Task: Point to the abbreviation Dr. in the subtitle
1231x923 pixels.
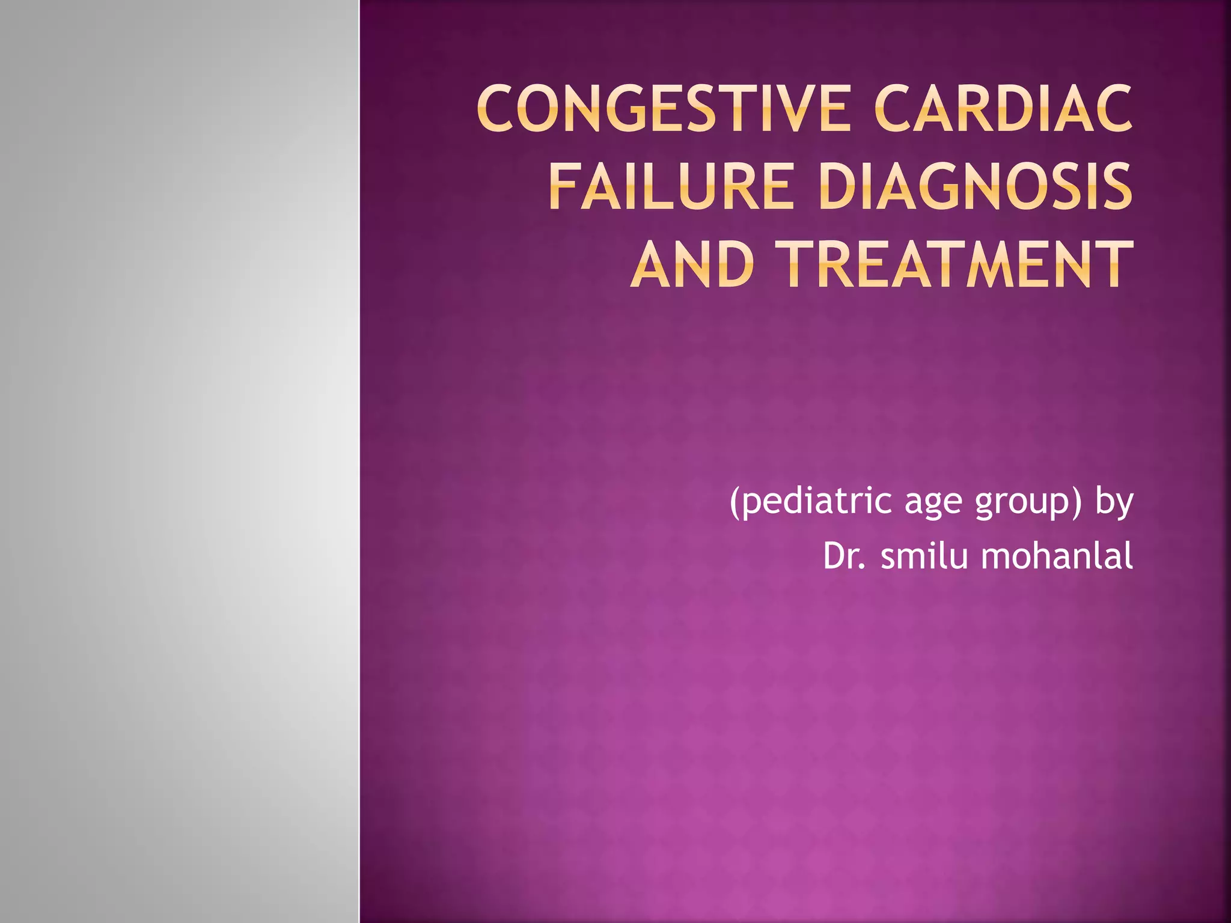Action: point(845,556)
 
